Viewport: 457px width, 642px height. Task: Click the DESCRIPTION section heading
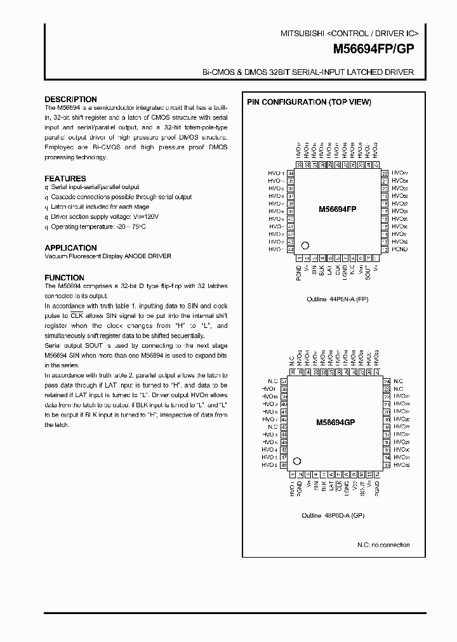pyautogui.click(x=70, y=100)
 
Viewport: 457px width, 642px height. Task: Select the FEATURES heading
pyautogui.click(x=65, y=179)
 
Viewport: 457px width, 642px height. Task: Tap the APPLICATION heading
pyautogui.click(x=70, y=248)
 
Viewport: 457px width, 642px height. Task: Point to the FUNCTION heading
pyautogui.click(x=64, y=278)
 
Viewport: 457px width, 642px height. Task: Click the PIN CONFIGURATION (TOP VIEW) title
pyautogui.click(x=309, y=102)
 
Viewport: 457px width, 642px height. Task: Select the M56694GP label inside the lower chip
pyautogui.click(x=338, y=422)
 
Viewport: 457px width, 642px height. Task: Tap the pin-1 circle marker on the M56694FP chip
pyautogui.click(x=305, y=246)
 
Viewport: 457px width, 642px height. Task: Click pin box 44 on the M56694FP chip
pyautogui.click(x=291, y=250)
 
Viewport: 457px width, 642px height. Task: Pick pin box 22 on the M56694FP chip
pyautogui.click(x=385, y=173)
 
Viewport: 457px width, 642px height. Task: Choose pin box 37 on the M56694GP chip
pyautogui.click(x=284, y=381)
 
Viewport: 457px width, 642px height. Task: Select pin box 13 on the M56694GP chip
pyautogui.click(x=386, y=465)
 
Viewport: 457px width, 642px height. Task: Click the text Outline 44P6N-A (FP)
pyautogui.click(x=336, y=298)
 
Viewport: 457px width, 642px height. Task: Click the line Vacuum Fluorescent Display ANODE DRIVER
pyautogui.click(x=108, y=256)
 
